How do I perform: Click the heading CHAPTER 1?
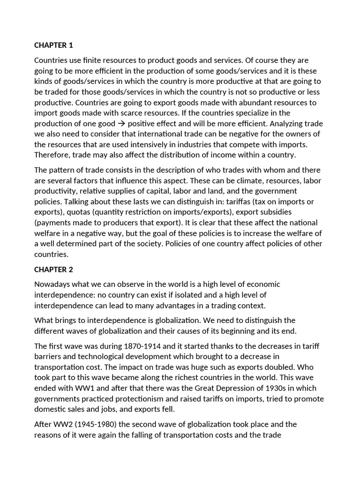53,45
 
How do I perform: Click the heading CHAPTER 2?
53,270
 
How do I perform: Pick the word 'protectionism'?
132,398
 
